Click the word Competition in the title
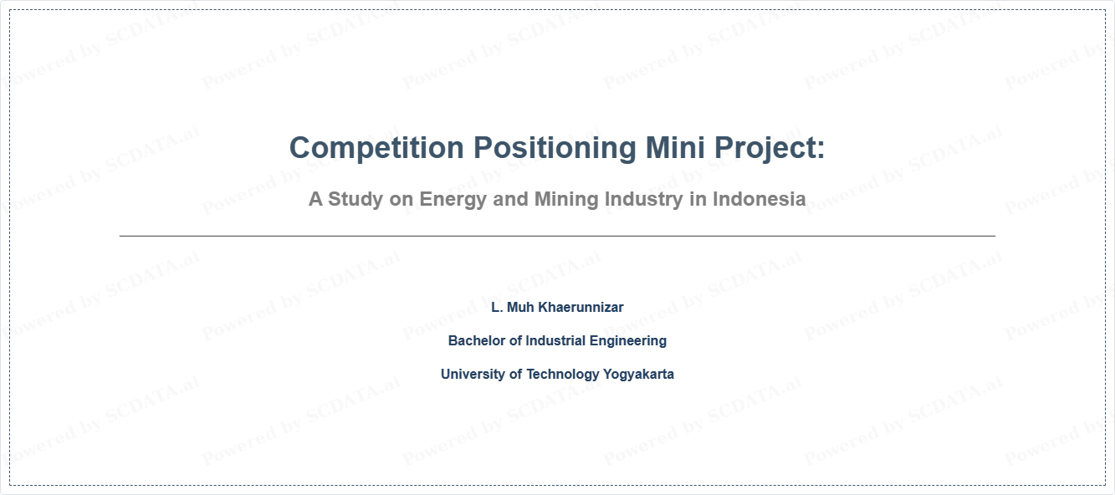pyautogui.click(x=376, y=148)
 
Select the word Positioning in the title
pyautogui.click(x=555, y=148)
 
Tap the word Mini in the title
pyautogui.click(x=675, y=147)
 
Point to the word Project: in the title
pyautogui.click(x=770, y=148)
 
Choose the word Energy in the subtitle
pyautogui.click(x=453, y=200)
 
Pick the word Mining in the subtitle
pyautogui.click(x=566, y=200)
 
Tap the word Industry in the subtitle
pyautogui.click(x=644, y=200)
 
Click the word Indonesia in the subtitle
pyautogui.click(x=760, y=199)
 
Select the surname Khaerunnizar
pyautogui.click(x=581, y=308)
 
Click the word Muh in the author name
pyautogui.click(x=520, y=308)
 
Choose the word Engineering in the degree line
pyautogui.click(x=628, y=341)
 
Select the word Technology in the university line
pyautogui.click(x=562, y=375)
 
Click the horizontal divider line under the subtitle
pyautogui.click(x=557, y=236)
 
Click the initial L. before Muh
pyautogui.click(x=497, y=308)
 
